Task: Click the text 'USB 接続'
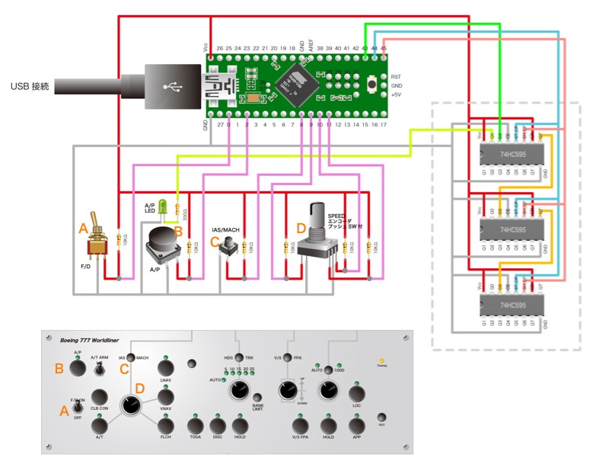click(x=30, y=86)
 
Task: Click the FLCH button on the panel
click(x=166, y=426)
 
